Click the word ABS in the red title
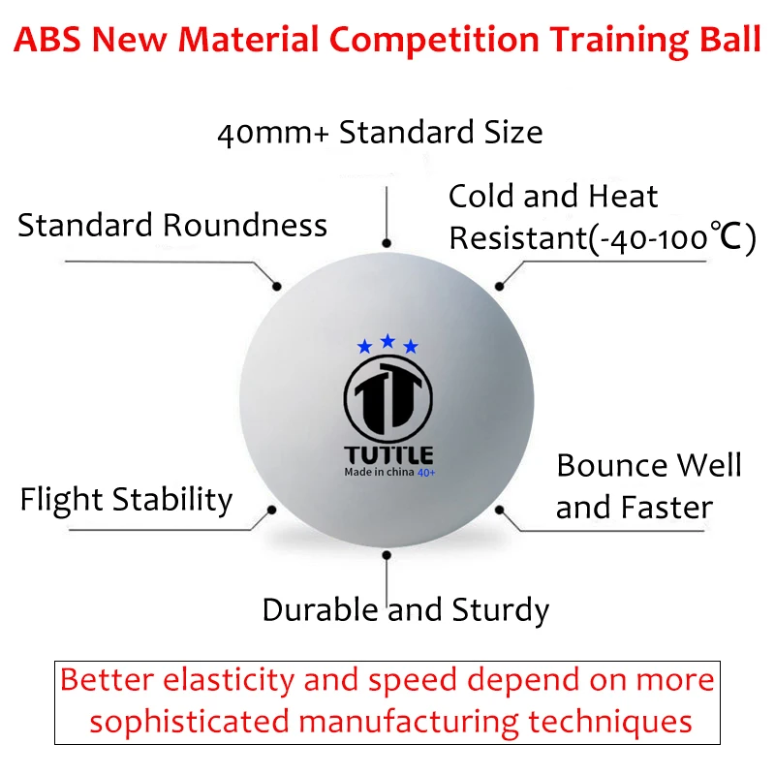point(47,39)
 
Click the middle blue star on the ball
point(388,341)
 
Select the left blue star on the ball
point(365,347)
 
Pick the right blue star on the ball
point(411,347)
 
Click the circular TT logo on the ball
point(388,398)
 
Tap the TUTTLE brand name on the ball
point(388,455)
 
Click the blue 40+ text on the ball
point(426,473)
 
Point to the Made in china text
point(379,472)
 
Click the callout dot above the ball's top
point(387,243)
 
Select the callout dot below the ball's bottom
point(387,555)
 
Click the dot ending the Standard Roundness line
point(277,286)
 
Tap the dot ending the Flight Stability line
point(271,510)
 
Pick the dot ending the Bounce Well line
point(499,510)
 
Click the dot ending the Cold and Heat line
point(499,286)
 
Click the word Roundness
point(245,226)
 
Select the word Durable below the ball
point(321,609)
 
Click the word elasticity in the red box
point(229,681)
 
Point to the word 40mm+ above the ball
point(273,134)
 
